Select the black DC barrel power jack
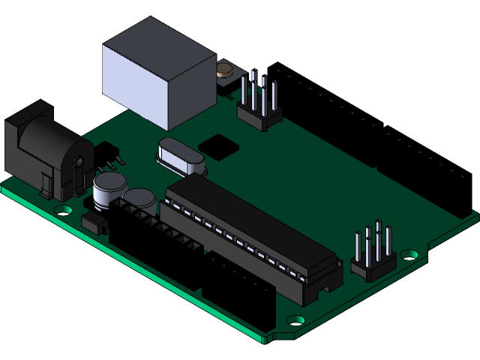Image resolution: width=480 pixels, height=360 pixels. pyautogui.click(x=46, y=154)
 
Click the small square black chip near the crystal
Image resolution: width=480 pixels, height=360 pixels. pyautogui.click(x=219, y=145)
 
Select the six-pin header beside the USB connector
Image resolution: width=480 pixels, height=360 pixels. pyautogui.click(x=259, y=105)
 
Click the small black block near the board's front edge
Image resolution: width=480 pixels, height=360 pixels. pyautogui.click(x=93, y=222)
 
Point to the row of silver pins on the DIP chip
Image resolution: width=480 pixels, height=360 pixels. pyautogui.click(x=240, y=240)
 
